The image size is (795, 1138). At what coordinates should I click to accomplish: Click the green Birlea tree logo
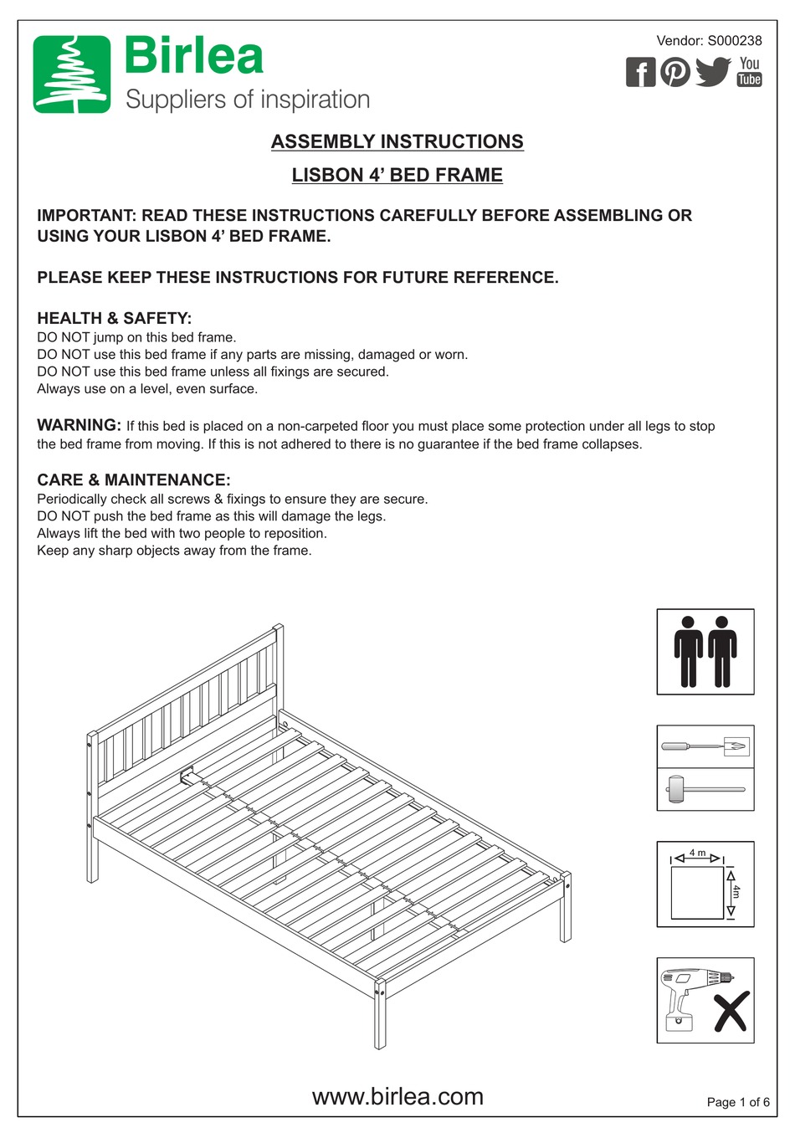pyautogui.click(x=72, y=74)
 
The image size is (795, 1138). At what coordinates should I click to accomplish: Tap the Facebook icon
pyautogui.click(x=640, y=73)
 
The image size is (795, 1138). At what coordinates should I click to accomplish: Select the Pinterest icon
pyautogui.click(x=675, y=72)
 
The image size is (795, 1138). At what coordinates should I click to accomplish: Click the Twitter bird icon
pyautogui.click(x=713, y=71)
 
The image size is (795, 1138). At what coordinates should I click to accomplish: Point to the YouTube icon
pyautogui.click(x=749, y=71)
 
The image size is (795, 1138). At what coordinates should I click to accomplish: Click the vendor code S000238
pyautogui.click(x=735, y=40)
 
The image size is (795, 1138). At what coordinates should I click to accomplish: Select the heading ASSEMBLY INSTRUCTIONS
pyautogui.click(x=397, y=141)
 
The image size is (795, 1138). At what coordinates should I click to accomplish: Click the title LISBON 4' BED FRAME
pyautogui.click(x=397, y=175)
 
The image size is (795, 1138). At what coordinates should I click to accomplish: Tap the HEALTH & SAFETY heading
pyautogui.click(x=114, y=318)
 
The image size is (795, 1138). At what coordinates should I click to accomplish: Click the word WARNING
pyautogui.click(x=79, y=425)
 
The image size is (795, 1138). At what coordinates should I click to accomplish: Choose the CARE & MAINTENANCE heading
pyautogui.click(x=133, y=479)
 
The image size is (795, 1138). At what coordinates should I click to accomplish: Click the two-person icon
pyautogui.click(x=705, y=651)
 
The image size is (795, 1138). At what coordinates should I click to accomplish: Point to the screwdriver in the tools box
pyautogui.click(x=703, y=746)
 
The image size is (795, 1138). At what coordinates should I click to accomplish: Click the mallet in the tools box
pyautogui.click(x=703, y=788)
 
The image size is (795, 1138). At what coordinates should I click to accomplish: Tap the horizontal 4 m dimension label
pyautogui.click(x=697, y=853)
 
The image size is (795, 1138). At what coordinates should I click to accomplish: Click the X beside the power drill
pyautogui.click(x=731, y=1012)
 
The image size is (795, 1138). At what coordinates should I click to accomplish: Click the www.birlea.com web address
pyautogui.click(x=397, y=1096)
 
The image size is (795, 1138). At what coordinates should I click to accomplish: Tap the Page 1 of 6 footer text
pyautogui.click(x=737, y=1102)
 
